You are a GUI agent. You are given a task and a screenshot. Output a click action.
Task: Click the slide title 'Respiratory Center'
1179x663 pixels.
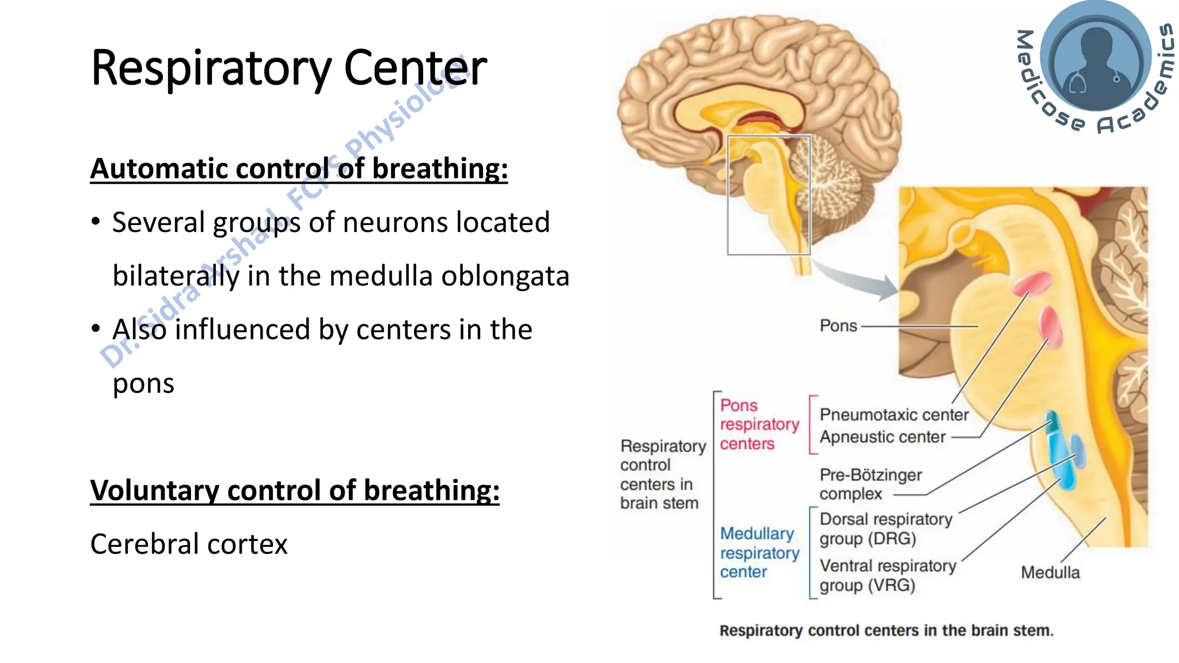(x=288, y=68)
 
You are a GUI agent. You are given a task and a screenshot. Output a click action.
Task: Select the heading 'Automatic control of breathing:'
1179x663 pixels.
(x=299, y=169)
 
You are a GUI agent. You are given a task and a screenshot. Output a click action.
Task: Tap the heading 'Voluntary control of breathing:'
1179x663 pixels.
(x=295, y=490)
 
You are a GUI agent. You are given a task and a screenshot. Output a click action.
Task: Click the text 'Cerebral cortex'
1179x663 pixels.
(x=189, y=544)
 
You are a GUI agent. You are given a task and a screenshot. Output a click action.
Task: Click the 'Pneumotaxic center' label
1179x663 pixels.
(x=893, y=414)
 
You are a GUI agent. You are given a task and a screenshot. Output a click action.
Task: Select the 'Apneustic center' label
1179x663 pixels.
(x=882, y=437)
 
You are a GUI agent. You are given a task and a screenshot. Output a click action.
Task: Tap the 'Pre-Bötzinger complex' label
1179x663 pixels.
(x=870, y=484)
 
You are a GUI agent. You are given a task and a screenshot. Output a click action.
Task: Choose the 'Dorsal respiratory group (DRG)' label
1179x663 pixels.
(x=885, y=528)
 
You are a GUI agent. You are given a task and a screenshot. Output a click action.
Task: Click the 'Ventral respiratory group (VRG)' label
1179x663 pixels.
(x=887, y=575)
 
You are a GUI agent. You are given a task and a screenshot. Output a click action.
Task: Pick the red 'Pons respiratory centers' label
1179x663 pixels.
(x=759, y=424)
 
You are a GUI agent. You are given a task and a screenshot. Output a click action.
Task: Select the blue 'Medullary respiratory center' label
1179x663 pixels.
(x=759, y=552)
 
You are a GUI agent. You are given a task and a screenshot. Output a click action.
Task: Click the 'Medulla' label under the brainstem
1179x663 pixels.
(x=1050, y=572)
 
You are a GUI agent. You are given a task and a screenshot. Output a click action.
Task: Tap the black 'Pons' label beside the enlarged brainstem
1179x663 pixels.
(x=838, y=326)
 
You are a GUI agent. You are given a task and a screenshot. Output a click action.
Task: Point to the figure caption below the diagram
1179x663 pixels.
(x=886, y=630)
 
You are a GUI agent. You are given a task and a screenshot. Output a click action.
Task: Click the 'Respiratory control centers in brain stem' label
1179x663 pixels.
(x=662, y=474)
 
